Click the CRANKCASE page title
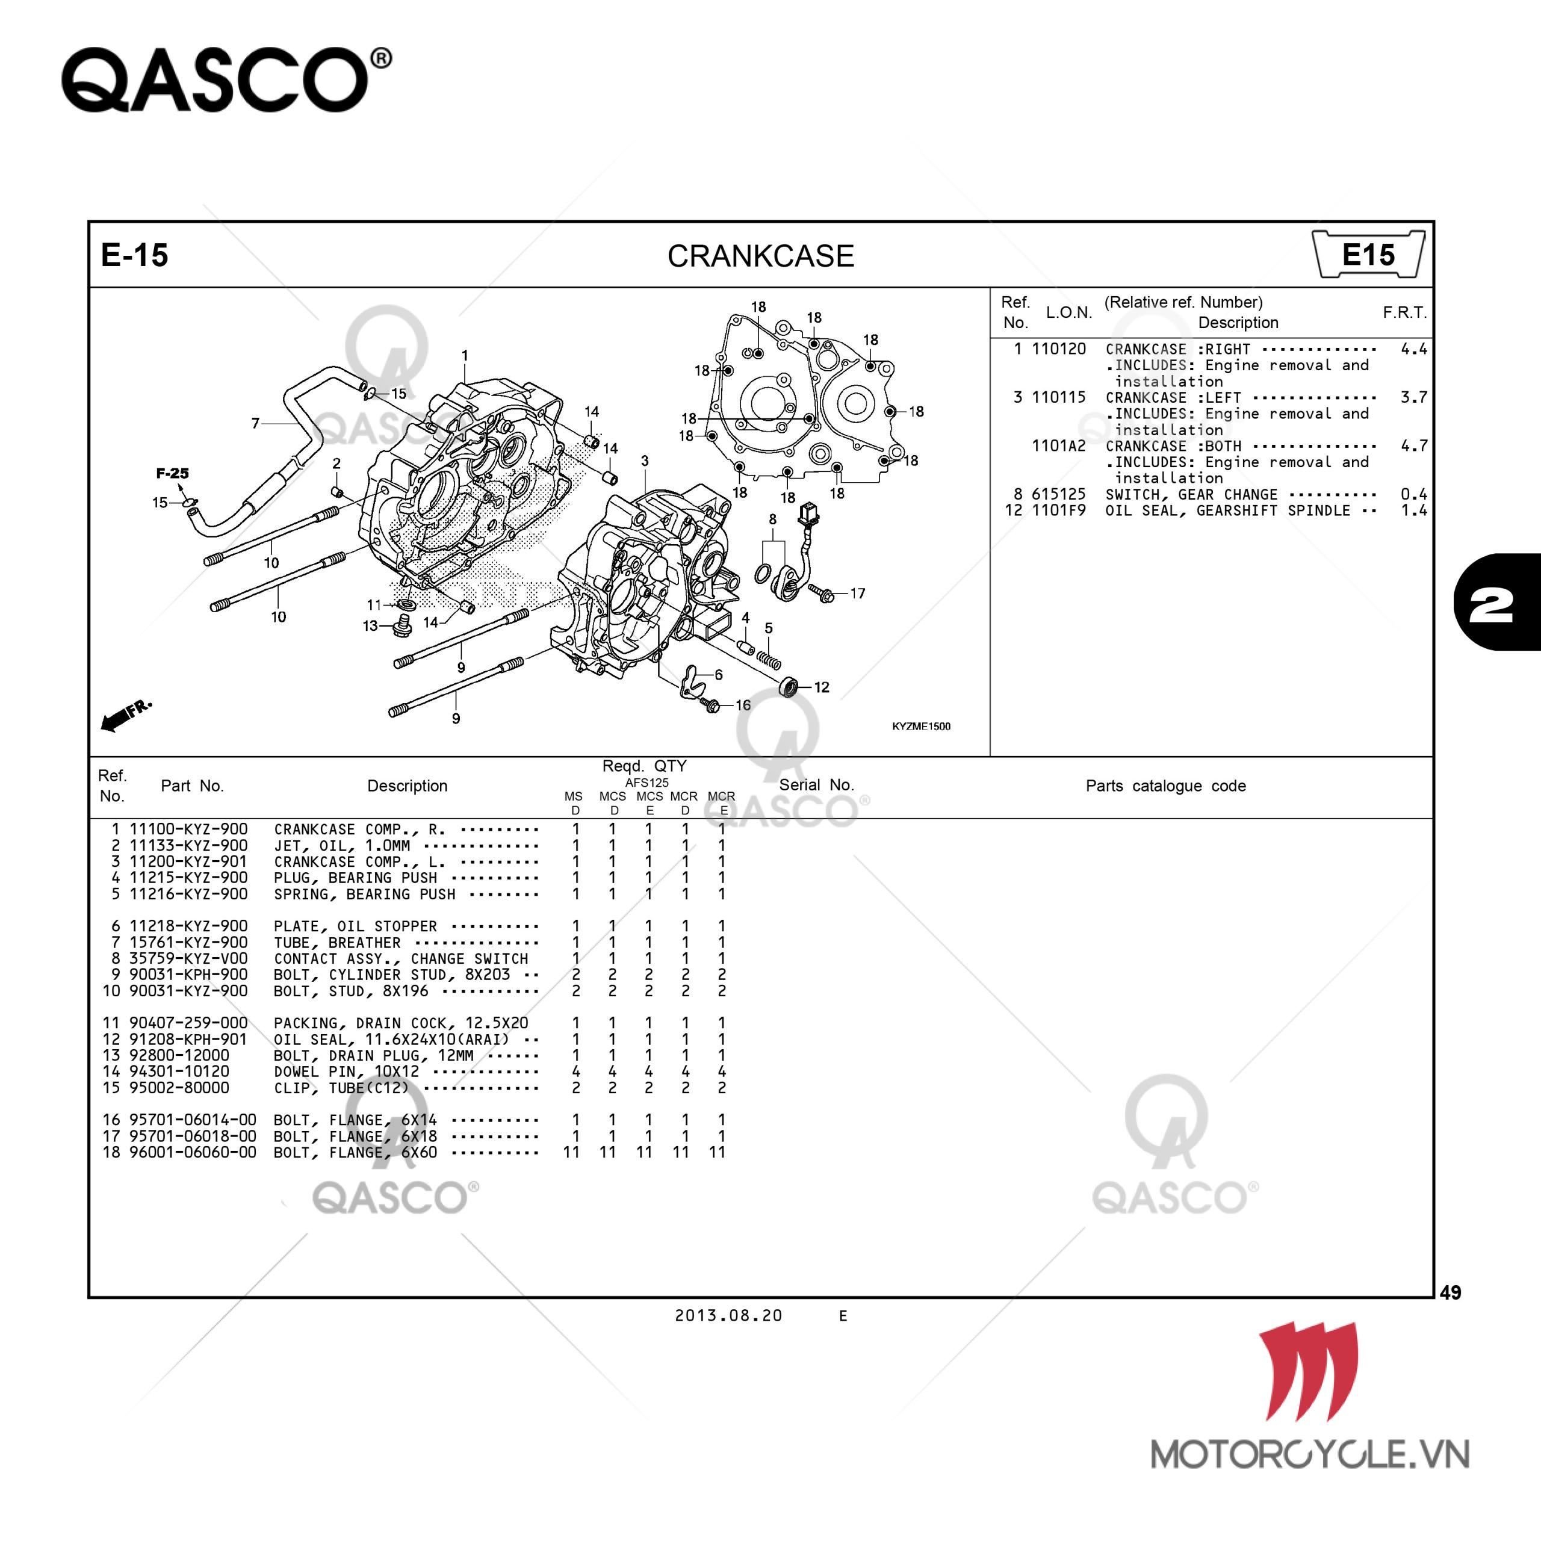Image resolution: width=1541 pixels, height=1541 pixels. point(760,256)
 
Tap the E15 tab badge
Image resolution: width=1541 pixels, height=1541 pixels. point(1367,255)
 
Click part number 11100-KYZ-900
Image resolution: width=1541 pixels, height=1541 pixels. point(188,829)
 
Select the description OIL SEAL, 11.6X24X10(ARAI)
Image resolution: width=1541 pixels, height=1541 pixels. point(391,1040)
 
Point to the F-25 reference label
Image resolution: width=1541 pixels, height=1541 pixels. point(172,473)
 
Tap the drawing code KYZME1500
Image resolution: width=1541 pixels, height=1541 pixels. point(920,726)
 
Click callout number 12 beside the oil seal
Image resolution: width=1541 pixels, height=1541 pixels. point(822,687)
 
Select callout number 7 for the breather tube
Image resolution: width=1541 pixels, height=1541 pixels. point(255,423)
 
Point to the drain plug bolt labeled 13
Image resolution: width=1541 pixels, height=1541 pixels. point(403,623)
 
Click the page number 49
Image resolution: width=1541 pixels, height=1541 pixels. point(1450,1292)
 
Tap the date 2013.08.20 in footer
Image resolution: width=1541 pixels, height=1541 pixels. point(728,1315)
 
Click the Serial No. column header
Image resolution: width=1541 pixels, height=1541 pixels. point(816,785)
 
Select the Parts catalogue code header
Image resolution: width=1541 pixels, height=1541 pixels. point(1165,786)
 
